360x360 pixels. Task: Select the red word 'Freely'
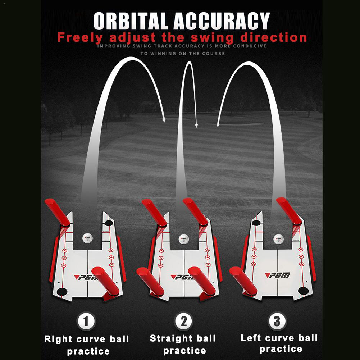(80, 38)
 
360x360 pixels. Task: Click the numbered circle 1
(86, 321)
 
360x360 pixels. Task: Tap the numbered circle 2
(184, 321)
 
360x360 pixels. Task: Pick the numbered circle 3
(277, 320)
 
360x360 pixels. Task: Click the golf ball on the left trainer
(87, 238)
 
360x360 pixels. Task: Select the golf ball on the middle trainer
(184, 239)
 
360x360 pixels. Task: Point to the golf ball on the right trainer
(278, 239)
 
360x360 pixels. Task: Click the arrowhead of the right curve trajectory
(164, 120)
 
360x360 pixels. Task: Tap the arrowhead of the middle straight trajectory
(196, 126)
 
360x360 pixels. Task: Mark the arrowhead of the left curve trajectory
(218, 125)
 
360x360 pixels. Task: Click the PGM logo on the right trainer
(278, 275)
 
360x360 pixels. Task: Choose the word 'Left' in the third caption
(251, 338)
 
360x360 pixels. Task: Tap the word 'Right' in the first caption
(58, 339)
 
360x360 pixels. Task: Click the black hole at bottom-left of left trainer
(62, 292)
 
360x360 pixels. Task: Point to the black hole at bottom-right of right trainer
(303, 291)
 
